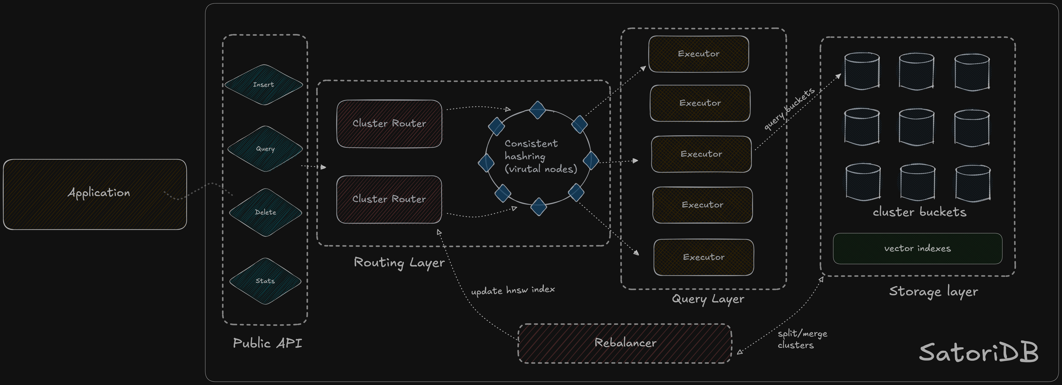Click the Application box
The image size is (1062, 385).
(95, 194)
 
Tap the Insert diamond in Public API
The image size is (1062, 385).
(263, 85)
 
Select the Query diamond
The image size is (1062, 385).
(265, 149)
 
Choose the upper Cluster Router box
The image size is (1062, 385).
(389, 123)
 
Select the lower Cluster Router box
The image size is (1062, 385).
(389, 199)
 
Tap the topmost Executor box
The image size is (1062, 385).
(698, 54)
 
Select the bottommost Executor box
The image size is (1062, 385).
(703, 257)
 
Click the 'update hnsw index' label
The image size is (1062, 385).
(513, 290)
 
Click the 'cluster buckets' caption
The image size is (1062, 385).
(919, 212)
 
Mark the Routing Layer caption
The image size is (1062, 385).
(399, 262)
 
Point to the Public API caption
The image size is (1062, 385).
(267, 343)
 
